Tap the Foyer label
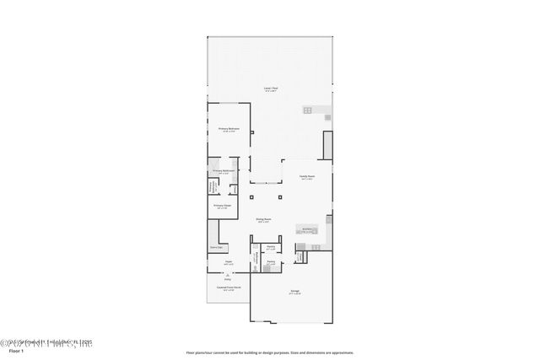click(229, 263)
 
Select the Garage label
click(294, 293)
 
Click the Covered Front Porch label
click(228, 288)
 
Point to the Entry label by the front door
click(227, 279)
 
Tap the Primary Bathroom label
click(223, 171)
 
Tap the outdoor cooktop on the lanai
click(308, 110)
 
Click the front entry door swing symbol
click(227, 275)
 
